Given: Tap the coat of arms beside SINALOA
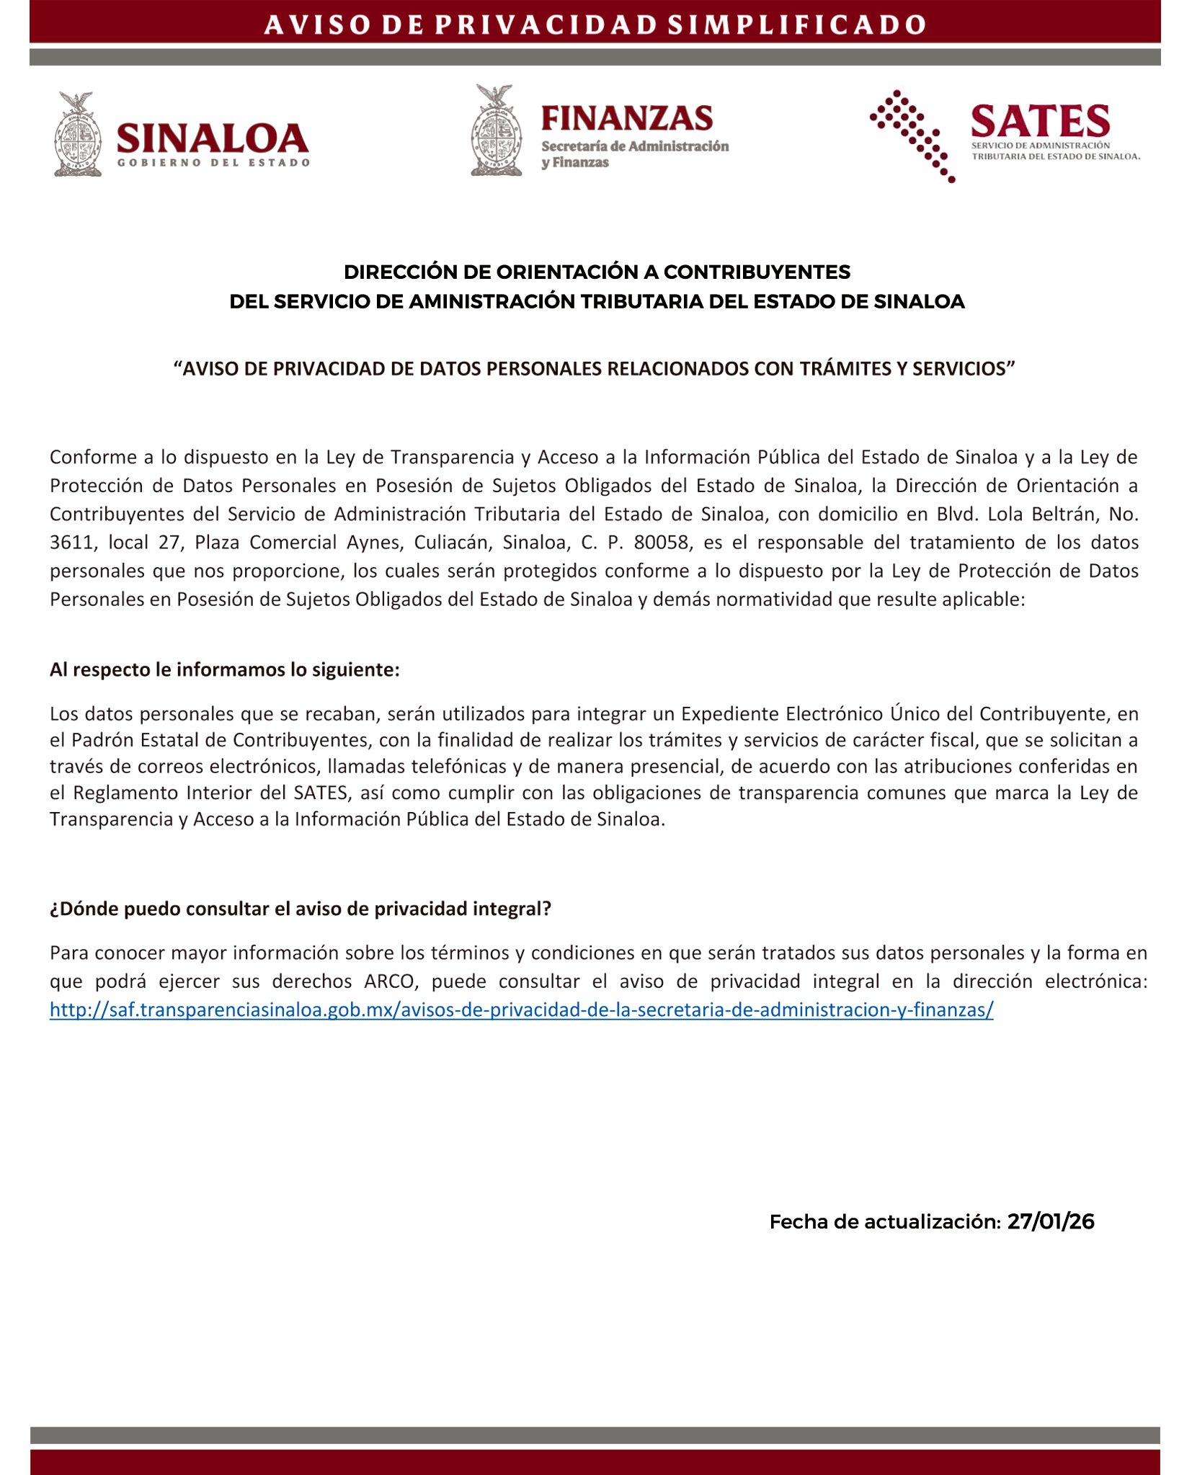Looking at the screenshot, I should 78,134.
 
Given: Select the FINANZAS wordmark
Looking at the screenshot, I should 627,118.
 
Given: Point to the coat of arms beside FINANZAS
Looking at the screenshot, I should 496,131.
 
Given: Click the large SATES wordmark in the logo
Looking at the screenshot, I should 1040,121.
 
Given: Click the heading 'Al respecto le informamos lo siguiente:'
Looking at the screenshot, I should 224,670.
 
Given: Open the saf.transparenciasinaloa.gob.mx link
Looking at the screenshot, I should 521,1010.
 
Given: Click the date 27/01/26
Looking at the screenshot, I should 1050,1222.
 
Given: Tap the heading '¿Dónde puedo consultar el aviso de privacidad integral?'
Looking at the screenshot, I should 300,909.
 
